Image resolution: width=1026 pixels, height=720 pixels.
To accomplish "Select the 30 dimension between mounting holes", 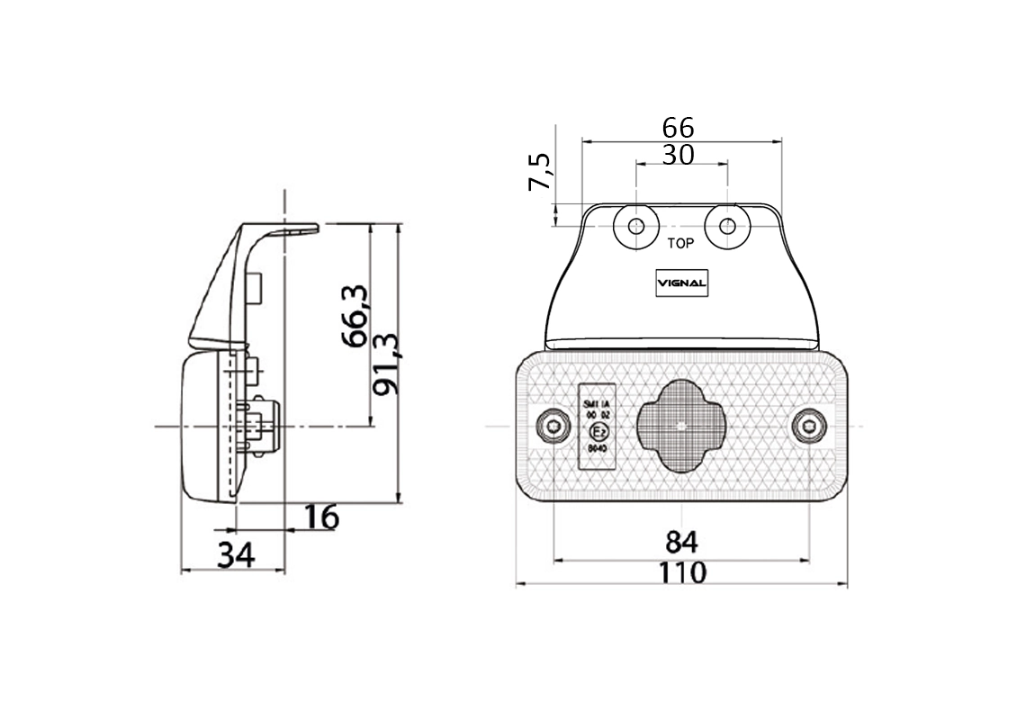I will coord(678,155).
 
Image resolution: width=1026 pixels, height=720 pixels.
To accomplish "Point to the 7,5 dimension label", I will coord(540,172).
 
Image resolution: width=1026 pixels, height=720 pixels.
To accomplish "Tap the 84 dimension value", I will coord(681,542).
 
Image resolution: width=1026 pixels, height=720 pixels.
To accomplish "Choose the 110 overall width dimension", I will coord(681,572).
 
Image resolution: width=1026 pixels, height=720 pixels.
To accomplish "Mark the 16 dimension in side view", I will coord(320,517).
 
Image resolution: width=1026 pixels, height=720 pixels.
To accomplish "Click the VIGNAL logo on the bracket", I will coord(681,283).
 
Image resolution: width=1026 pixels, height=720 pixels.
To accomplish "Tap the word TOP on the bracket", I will coord(680,243).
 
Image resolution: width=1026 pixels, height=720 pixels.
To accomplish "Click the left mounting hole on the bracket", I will coord(636,226).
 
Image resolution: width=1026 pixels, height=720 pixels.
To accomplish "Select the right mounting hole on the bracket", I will coord(727,226).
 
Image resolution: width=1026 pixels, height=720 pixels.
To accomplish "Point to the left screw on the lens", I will coord(552,427).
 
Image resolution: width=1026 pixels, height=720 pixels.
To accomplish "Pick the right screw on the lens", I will coord(810,426).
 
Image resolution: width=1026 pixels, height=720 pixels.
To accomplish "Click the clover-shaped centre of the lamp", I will coord(682,426).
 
